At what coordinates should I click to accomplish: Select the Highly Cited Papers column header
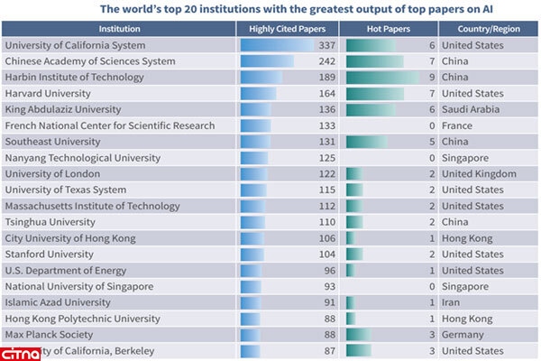(x=287, y=29)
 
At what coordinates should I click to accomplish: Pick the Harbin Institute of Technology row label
(x=62, y=78)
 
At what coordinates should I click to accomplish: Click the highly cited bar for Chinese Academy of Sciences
(x=268, y=61)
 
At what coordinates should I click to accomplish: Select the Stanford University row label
(x=50, y=254)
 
